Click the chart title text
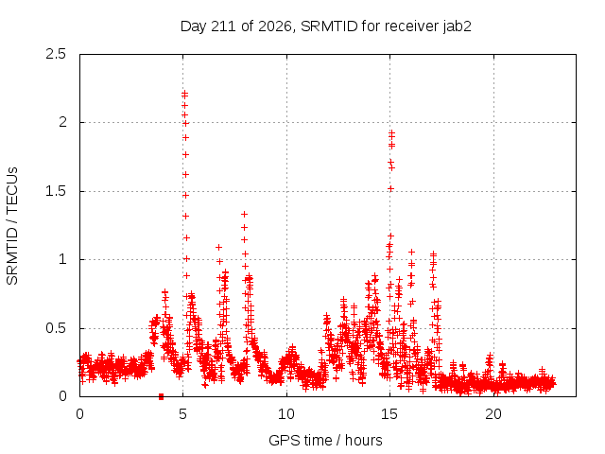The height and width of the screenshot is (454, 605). pyautogui.click(x=325, y=26)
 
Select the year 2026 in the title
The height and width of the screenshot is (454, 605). pyautogui.click(x=275, y=26)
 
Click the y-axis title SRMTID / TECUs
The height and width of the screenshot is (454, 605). pyautogui.click(x=12, y=226)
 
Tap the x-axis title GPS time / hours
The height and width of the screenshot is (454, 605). pyautogui.click(x=325, y=440)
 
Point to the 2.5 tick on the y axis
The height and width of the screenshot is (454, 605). pyautogui.click(x=56, y=54)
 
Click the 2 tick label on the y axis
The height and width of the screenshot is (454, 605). pyautogui.click(x=62, y=122)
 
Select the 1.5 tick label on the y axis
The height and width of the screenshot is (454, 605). pyautogui.click(x=56, y=191)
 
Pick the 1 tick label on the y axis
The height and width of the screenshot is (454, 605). pyautogui.click(x=62, y=259)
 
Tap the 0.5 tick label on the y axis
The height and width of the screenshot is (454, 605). pyautogui.click(x=56, y=328)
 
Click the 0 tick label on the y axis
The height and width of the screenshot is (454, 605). pyautogui.click(x=62, y=396)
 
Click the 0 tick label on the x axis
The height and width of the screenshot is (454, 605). pyautogui.click(x=79, y=414)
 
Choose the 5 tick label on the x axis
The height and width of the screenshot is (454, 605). pyautogui.click(x=182, y=414)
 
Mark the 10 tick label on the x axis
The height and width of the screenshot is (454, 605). pyautogui.click(x=286, y=414)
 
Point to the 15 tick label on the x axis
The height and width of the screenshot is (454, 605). pyautogui.click(x=389, y=414)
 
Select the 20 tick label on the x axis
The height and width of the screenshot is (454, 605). pyautogui.click(x=493, y=414)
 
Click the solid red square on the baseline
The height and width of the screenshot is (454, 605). pyautogui.click(x=162, y=396)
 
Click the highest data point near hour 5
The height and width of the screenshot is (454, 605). pyautogui.click(x=185, y=93)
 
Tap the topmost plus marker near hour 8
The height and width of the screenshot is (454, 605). pyautogui.click(x=244, y=215)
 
